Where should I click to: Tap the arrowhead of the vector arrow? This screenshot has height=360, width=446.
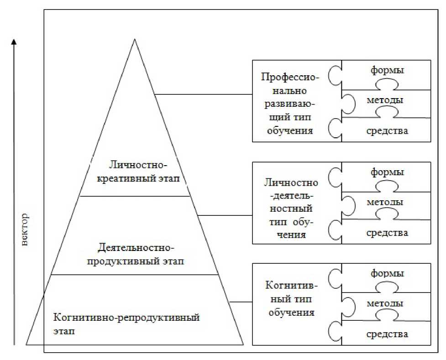click(14, 42)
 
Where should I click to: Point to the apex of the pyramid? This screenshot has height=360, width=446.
click(135, 40)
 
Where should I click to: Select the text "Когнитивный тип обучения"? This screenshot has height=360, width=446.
click(290, 299)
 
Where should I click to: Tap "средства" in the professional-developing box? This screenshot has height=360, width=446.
click(387, 131)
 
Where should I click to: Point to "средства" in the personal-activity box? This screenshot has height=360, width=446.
click(387, 233)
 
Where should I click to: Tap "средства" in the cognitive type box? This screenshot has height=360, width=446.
click(387, 334)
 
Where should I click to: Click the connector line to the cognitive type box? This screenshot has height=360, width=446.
click(240, 302)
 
